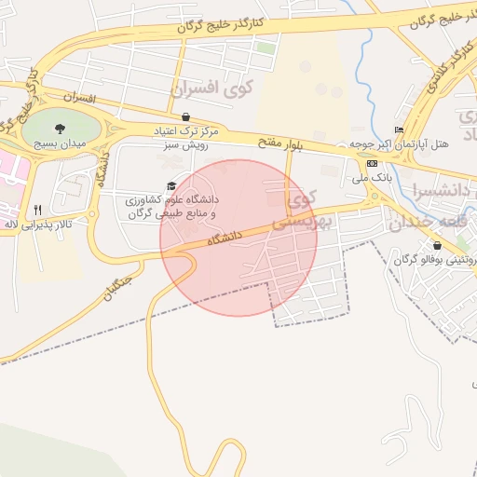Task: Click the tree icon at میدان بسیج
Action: pyautogui.click(x=61, y=129)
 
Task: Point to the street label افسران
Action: pyautogui.click(x=81, y=97)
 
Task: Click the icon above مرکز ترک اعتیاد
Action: pyautogui.click(x=186, y=117)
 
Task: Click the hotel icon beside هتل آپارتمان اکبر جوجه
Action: pyautogui.click(x=400, y=129)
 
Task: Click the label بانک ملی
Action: pyautogui.click(x=372, y=176)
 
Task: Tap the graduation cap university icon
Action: pyautogui.click(x=170, y=186)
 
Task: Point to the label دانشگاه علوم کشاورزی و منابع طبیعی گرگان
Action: pyautogui.click(x=171, y=206)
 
